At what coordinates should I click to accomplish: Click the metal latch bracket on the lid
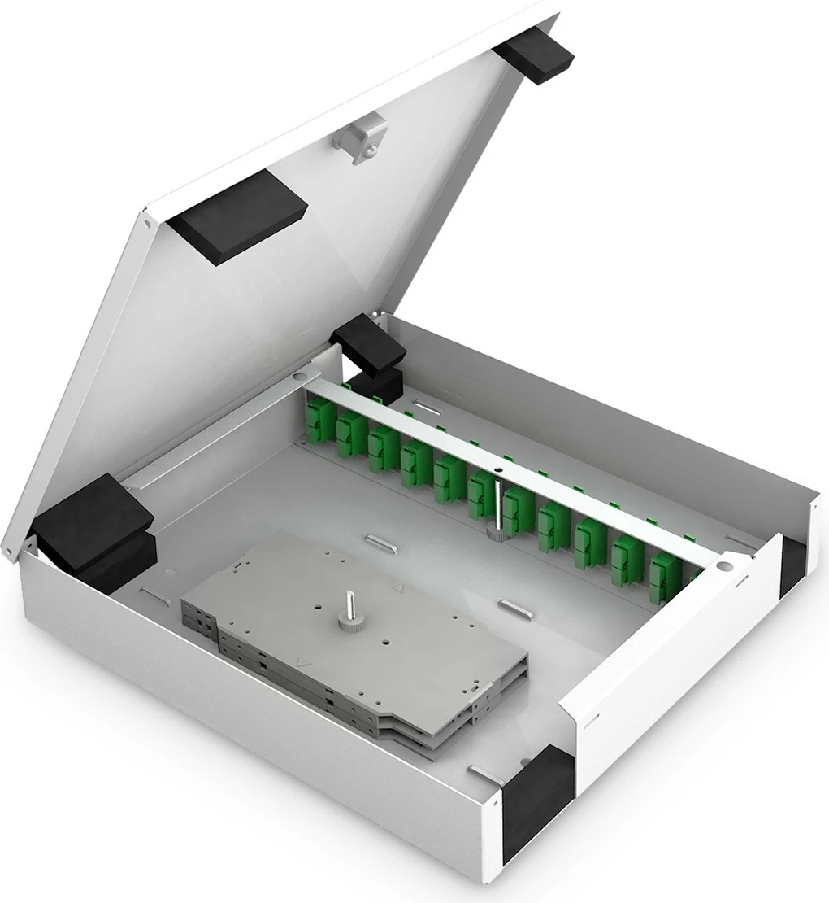click(360, 140)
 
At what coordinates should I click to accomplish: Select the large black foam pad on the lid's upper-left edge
click(237, 216)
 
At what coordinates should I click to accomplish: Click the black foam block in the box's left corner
click(93, 529)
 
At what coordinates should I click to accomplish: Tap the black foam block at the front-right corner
click(537, 801)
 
